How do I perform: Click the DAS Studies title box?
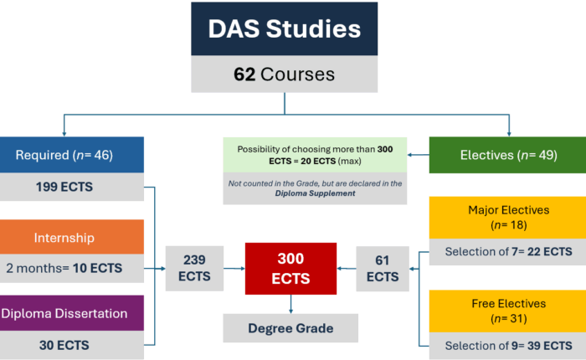coord(285,28)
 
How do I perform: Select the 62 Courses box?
coord(285,74)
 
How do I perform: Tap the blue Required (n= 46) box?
coord(72,155)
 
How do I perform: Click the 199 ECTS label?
coord(64,187)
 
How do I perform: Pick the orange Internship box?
coord(72,237)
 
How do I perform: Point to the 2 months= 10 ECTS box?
coord(72,269)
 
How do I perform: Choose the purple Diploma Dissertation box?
coord(72,313)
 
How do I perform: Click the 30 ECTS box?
coord(72,345)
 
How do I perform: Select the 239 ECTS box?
coord(194,269)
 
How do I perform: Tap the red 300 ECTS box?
coord(290,269)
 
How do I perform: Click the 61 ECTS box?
coord(383,269)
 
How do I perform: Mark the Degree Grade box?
coord(290,328)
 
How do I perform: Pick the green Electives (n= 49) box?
coord(507,155)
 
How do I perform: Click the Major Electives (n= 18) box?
coord(507,218)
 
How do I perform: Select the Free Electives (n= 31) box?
coord(507,311)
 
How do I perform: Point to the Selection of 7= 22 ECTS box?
coord(507,252)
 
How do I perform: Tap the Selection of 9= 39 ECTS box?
coord(507,346)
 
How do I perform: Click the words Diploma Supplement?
coord(315,193)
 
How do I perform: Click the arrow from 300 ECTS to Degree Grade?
coord(290,304)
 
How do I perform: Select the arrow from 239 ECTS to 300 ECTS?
coord(234,269)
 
